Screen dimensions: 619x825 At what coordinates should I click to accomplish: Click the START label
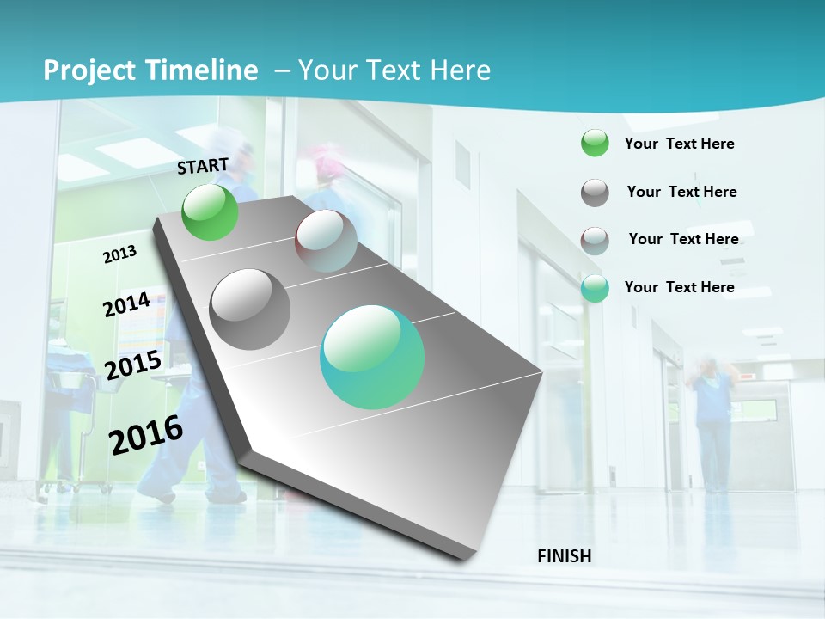click(203, 166)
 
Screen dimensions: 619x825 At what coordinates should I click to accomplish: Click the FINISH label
click(565, 556)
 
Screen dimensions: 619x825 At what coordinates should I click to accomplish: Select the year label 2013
click(119, 254)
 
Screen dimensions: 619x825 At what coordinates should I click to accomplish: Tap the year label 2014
click(126, 305)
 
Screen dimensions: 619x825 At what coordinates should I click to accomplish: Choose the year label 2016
click(146, 435)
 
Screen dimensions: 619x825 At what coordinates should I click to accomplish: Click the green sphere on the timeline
click(211, 212)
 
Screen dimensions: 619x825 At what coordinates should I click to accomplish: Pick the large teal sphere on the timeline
click(372, 357)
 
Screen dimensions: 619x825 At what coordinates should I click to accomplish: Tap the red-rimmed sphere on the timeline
click(327, 241)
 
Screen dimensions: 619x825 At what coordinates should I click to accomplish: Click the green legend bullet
click(595, 144)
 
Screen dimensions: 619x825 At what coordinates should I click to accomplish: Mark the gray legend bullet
click(595, 193)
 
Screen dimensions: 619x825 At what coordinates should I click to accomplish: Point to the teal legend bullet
click(595, 289)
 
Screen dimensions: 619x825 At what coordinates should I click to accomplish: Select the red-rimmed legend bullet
click(595, 241)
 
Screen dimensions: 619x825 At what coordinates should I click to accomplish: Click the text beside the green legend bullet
click(679, 144)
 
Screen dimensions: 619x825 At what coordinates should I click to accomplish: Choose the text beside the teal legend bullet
click(679, 287)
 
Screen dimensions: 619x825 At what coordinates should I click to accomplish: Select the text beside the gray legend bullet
click(681, 192)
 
